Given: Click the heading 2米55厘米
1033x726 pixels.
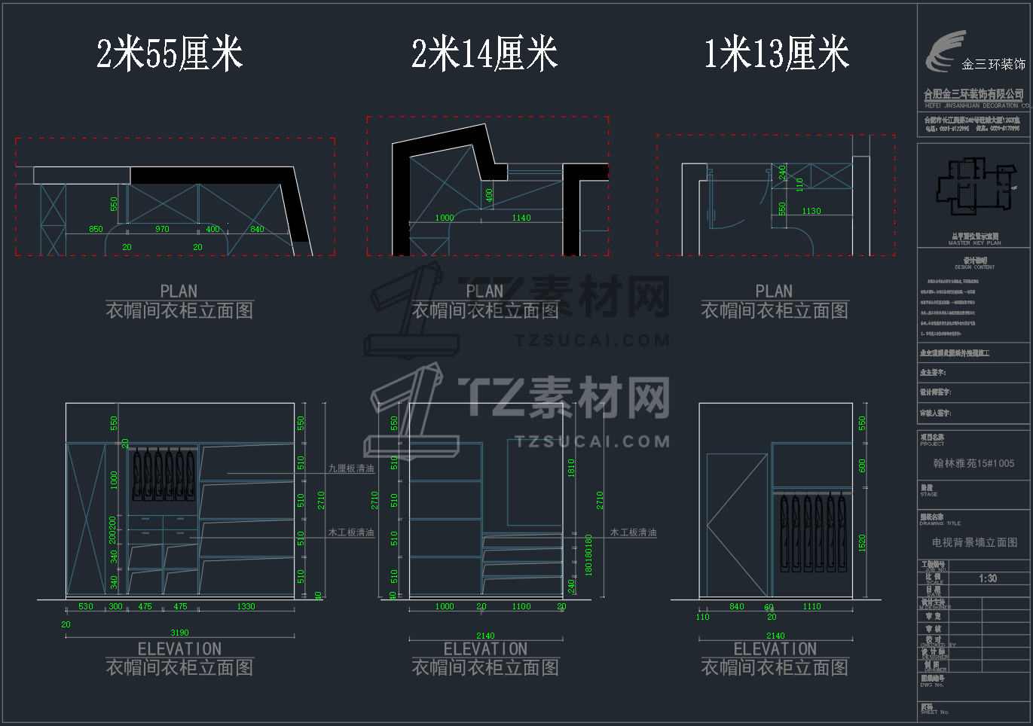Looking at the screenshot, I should click(170, 54).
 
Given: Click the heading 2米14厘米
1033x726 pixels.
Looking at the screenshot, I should click(484, 54).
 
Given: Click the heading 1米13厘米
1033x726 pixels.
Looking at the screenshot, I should click(776, 54).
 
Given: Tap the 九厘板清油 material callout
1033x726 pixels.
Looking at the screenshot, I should click(351, 468).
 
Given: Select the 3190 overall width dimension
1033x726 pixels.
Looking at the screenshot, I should click(179, 633).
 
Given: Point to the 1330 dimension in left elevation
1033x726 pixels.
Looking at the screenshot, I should click(246, 606).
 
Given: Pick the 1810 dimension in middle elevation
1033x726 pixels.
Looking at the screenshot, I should click(571, 468).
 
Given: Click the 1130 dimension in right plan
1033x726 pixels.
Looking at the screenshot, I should click(811, 211).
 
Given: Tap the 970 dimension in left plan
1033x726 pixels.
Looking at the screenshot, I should click(162, 229).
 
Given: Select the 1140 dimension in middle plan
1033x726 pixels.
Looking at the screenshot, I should click(521, 218).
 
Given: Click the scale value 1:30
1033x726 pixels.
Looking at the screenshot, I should click(988, 578).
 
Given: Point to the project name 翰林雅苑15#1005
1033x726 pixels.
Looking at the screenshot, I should click(973, 463).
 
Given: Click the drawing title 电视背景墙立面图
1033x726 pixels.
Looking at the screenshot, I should click(974, 542).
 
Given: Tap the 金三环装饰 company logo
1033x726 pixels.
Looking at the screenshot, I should click(973, 54).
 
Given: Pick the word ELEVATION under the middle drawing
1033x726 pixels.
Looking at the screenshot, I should click(485, 649).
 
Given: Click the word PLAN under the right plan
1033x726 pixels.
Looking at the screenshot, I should click(774, 291).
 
